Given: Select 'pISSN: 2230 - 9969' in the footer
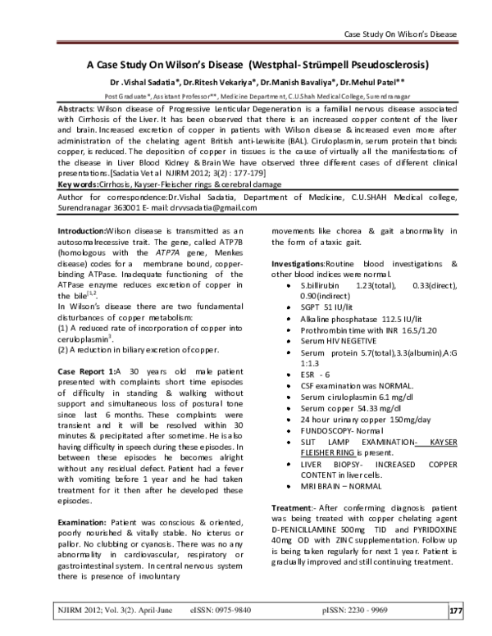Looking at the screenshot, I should pyautogui.click(x=359, y=611).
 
